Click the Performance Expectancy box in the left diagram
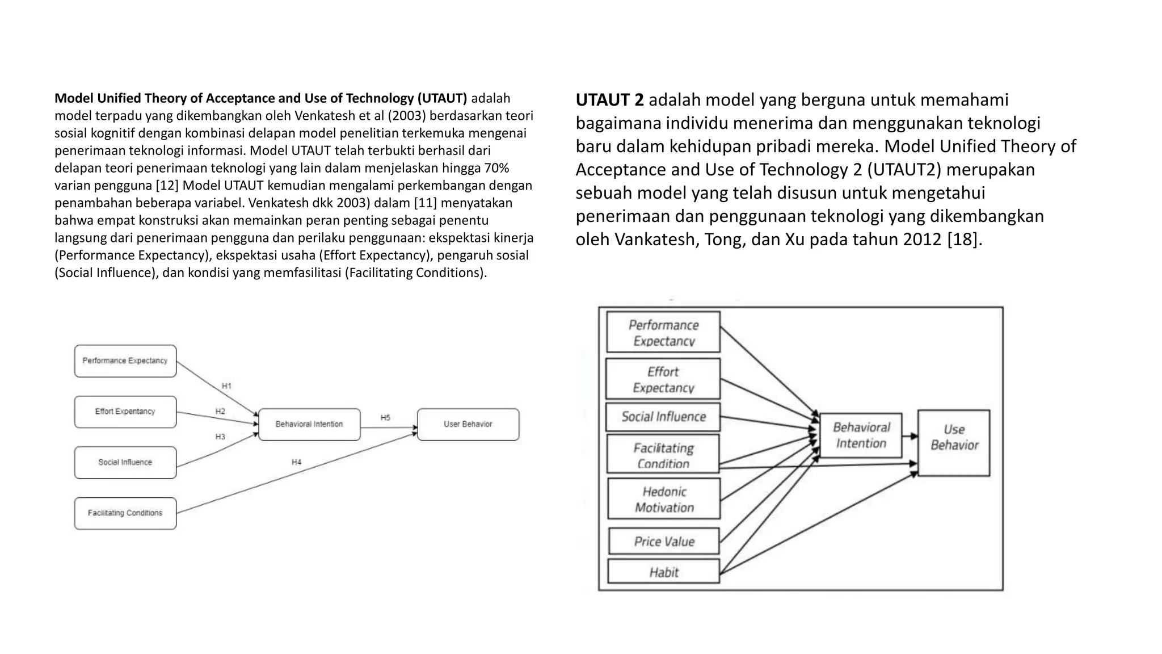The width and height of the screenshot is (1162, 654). [125, 361]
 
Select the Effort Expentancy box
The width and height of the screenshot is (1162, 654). [125, 412]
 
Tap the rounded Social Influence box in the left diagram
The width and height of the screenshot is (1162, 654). [125, 463]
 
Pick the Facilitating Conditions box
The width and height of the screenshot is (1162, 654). [125, 513]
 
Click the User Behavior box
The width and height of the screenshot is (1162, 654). [468, 424]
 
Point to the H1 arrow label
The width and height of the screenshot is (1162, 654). [226, 386]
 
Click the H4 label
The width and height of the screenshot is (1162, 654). [296, 463]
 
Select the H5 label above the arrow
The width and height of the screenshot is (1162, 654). [385, 418]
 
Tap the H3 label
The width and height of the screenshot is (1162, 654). [220, 437]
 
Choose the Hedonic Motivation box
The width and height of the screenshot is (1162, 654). [664, 499]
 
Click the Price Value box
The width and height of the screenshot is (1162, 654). [664, 542]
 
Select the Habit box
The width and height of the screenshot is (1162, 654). [664, 572]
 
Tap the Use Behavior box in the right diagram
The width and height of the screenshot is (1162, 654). [954, 443]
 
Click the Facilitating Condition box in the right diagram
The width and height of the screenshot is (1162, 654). [663, 454]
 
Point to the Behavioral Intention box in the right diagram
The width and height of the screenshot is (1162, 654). [861, 435]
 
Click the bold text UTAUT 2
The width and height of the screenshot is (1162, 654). [609, 100]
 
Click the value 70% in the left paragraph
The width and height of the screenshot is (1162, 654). [496, 168]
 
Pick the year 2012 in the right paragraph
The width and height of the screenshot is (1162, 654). [922, 240]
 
